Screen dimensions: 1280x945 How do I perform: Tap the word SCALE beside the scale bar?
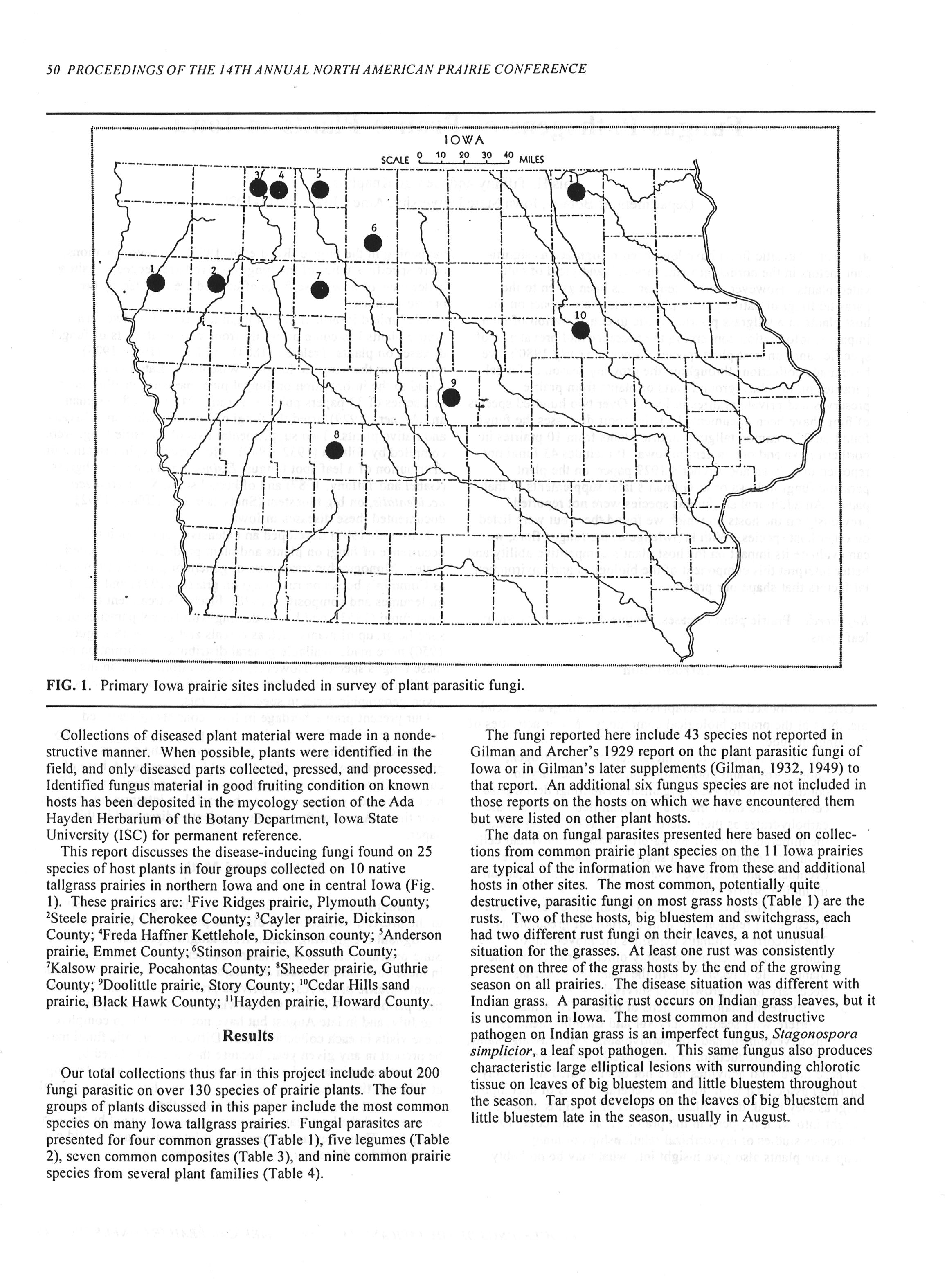click(395, 160)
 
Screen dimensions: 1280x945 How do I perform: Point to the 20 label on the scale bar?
click(464, 155)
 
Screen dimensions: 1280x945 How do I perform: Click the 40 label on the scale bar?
click(509, 155)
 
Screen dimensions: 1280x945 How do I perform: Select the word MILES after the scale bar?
click(531, 160)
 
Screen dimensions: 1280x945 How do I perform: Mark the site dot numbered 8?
click(335, 450)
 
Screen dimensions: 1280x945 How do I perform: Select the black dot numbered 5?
click(320, 190)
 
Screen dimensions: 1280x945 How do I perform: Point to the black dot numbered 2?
click(216, 283)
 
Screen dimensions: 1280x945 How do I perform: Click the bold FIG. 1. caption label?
click(69, 686)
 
